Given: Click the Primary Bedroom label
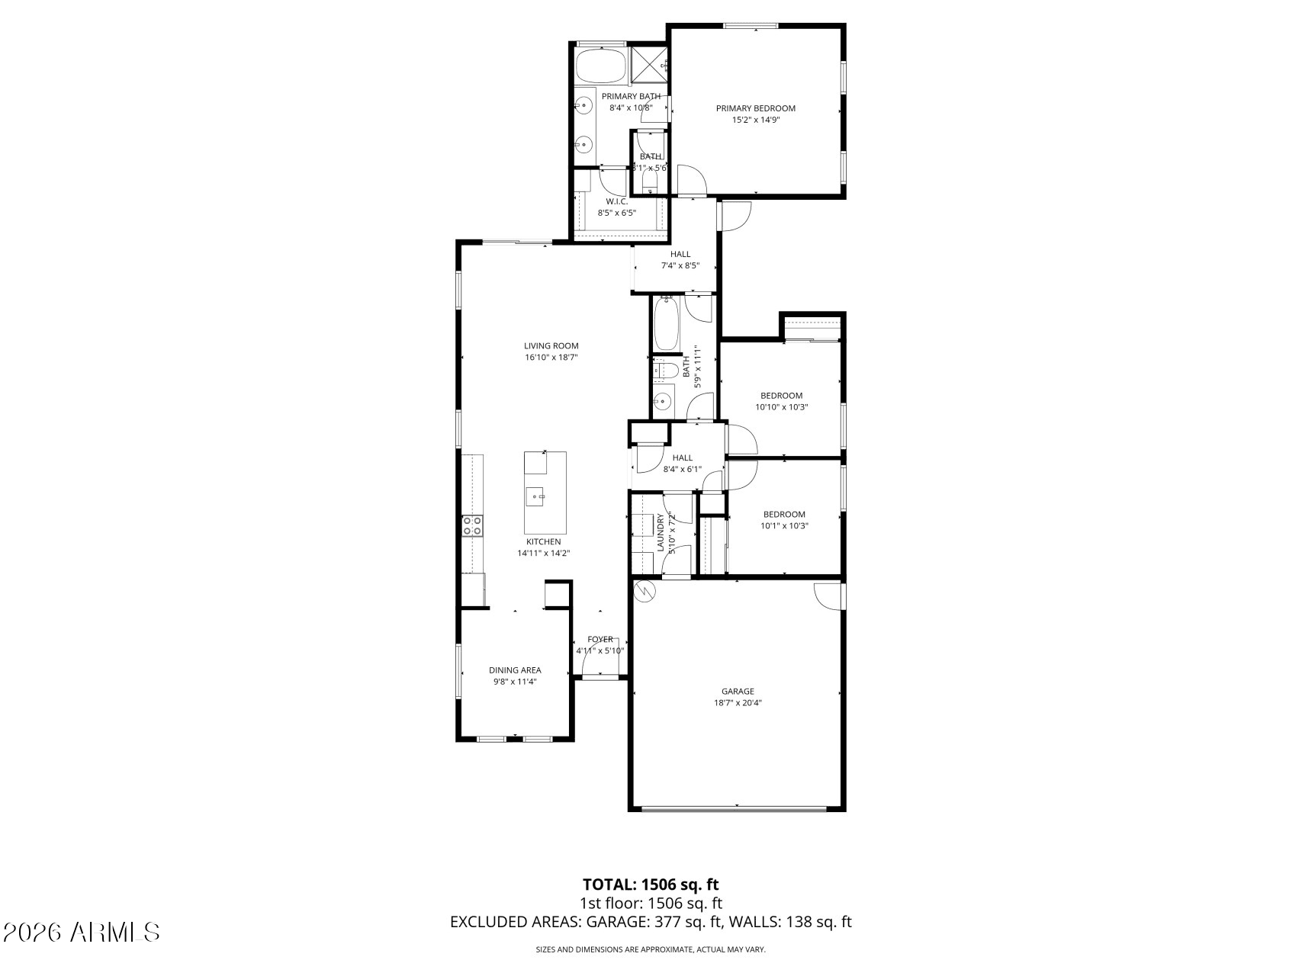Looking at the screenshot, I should [755, 108].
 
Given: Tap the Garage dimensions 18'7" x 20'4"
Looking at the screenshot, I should [738, 704].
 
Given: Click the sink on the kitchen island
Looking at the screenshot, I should [536, 497].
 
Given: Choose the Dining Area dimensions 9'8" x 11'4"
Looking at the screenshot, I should [515, 682].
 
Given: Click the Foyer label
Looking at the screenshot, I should [600, 640].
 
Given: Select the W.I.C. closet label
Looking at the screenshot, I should [616, 201].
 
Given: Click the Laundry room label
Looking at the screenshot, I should [661, 532].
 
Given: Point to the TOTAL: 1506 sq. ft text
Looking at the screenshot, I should [651, 884].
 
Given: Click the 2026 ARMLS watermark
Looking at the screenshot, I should [82, 932].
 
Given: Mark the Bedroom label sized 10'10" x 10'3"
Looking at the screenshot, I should [781, 395].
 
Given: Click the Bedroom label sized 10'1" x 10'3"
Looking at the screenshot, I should [784, 514].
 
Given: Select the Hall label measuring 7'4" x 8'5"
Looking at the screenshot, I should [680, 255].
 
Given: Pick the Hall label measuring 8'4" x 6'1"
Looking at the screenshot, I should [682, 457].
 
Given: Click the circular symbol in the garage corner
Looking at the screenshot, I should [645, 591].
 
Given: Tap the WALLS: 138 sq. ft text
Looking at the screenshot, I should [790, 922].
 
